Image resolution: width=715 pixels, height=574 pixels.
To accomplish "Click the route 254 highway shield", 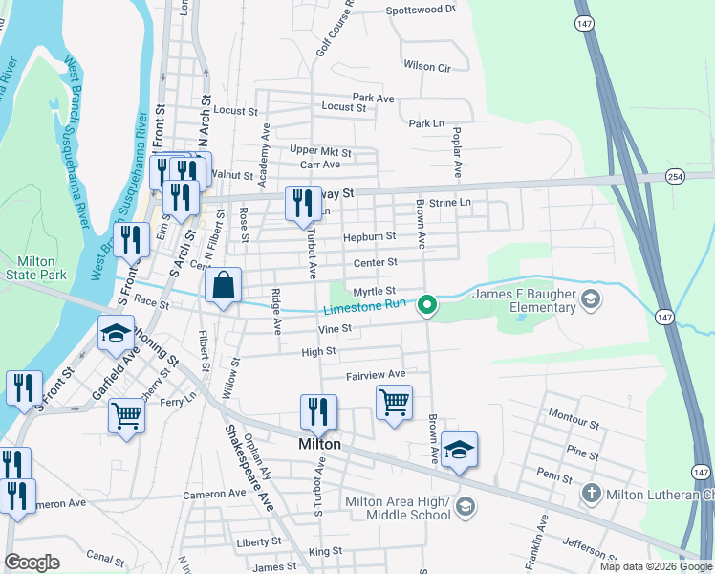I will (676, 176).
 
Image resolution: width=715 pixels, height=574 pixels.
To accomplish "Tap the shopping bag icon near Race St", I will (222, 286).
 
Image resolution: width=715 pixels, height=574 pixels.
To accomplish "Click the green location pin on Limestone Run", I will (429, 306).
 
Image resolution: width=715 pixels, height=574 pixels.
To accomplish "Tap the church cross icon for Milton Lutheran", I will (592, 494).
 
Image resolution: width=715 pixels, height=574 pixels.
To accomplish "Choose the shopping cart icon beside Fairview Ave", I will (394, 403).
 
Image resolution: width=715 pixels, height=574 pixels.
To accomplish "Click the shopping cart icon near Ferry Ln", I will (126, 416).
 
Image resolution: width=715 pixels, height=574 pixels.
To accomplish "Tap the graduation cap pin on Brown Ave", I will (459, 451).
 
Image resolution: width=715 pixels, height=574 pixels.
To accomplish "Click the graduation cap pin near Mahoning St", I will (115, 334).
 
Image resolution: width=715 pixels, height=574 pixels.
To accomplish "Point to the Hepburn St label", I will (370, 236).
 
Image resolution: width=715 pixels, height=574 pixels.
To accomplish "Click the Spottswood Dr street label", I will (421, 11).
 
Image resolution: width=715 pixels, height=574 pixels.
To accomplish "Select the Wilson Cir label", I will (426, 67).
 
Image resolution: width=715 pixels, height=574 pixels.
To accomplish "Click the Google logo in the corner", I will (32, 563).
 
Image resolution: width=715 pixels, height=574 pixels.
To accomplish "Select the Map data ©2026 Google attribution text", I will (655, 566).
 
